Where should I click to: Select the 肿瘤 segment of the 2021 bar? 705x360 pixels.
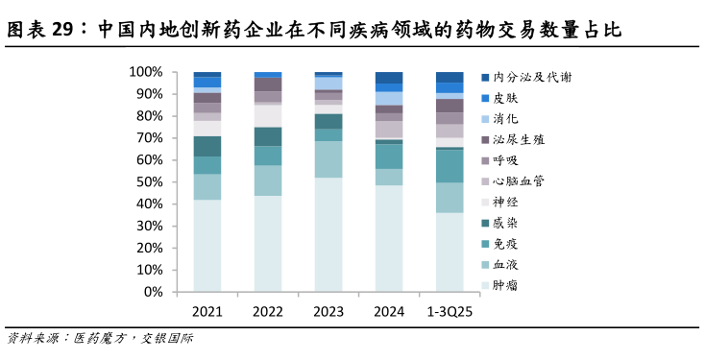(207, 246)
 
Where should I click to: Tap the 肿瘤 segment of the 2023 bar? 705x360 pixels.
(328, 235)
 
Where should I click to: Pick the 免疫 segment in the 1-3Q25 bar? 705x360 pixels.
(450, 166)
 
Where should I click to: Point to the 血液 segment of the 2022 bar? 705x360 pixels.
(267, 180)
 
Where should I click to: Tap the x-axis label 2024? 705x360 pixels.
(389, 311)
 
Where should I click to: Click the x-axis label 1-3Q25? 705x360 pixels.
(450, 311)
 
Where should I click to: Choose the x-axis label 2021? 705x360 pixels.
(207, 311)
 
